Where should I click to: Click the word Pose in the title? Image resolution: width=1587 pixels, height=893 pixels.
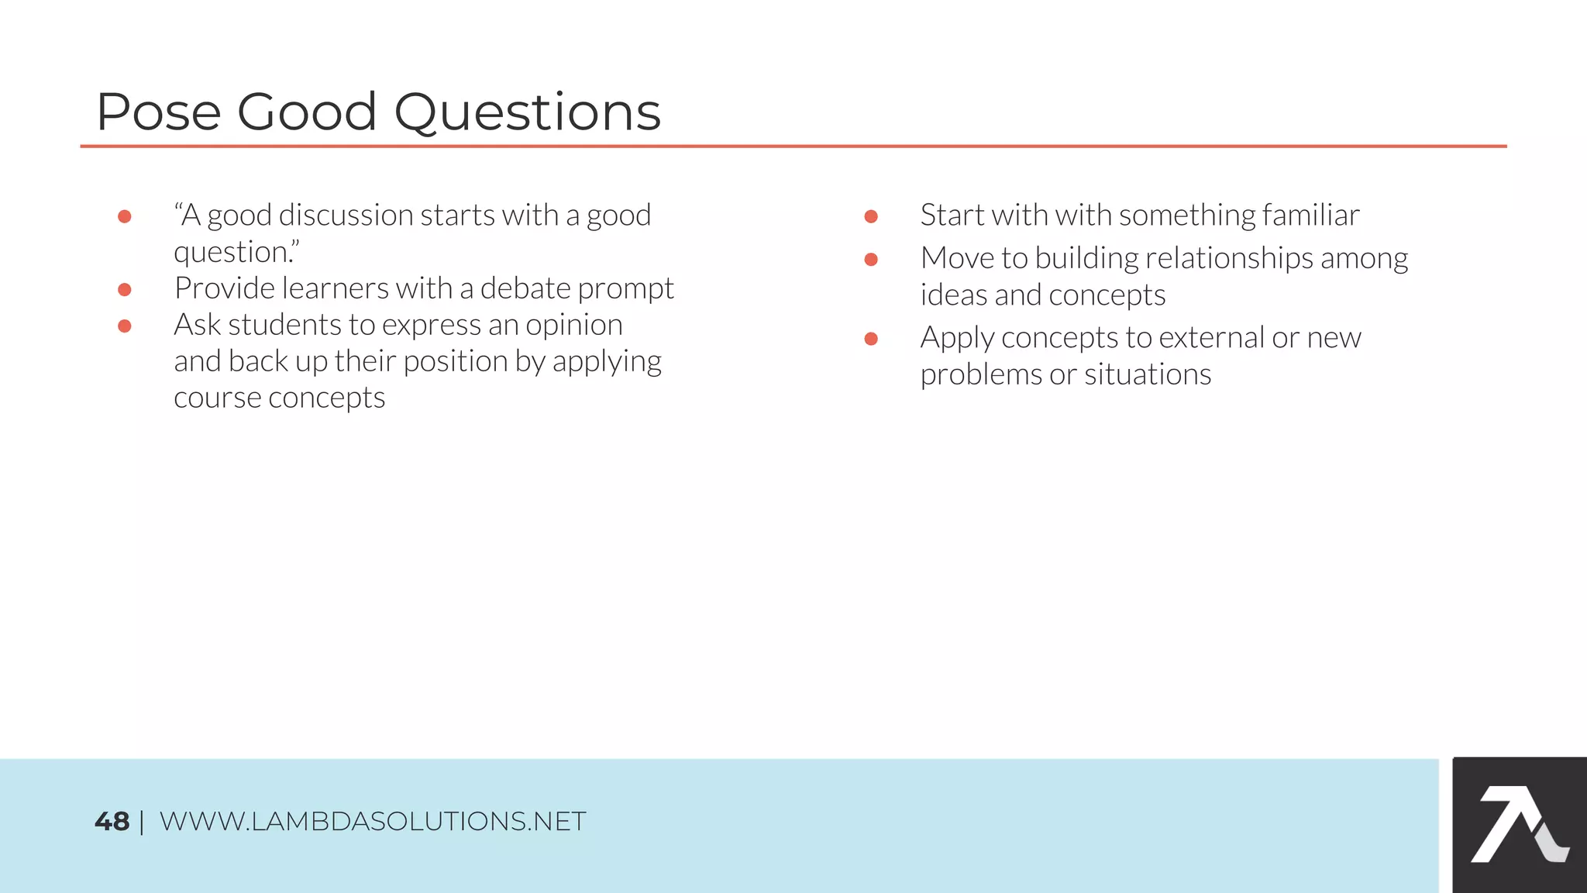[x=158, y=112]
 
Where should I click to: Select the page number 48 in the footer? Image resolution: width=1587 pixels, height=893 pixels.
[x=112, y=822]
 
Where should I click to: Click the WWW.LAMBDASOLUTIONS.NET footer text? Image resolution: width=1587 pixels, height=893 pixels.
[x=372, y=822]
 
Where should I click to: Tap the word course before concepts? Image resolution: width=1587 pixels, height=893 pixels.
[x=217, y=398]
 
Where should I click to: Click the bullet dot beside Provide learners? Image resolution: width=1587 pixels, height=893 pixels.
[x=124, y=290]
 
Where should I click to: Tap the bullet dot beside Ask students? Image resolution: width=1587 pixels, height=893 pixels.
[x=124, y=326]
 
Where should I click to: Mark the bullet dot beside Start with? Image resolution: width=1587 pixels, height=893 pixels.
[x=871, y=216]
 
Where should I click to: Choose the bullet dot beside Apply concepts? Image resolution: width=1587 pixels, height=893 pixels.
[x=871, y=339]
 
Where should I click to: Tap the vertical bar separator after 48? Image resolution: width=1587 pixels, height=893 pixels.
[x=142, y=822]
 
